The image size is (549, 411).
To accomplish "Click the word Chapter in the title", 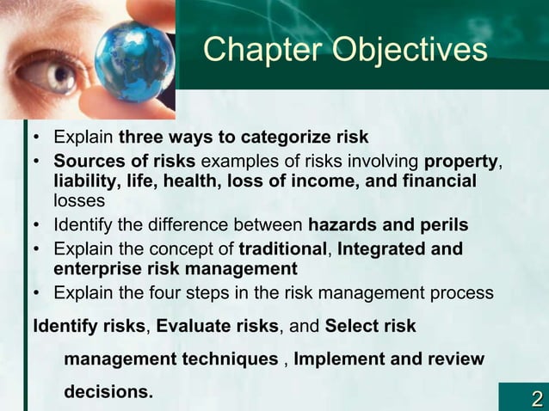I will coord(257,50).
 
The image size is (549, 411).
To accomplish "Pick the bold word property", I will coord(461,161).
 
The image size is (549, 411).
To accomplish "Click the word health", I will coord(192,181).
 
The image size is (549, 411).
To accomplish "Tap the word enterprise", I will coord(92,269).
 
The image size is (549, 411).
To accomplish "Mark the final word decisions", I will coord(108,392).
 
